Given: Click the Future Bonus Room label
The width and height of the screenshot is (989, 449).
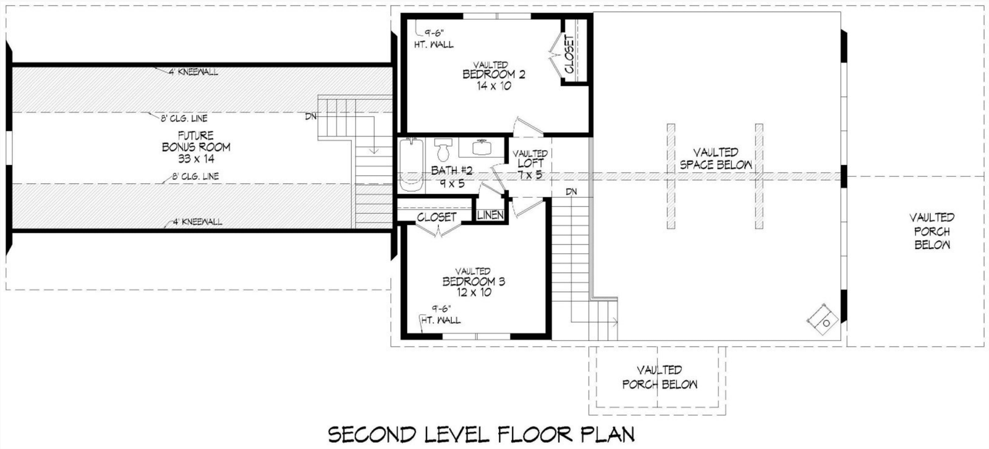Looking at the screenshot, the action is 196,147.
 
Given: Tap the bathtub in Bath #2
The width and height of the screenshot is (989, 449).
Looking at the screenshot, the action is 410,165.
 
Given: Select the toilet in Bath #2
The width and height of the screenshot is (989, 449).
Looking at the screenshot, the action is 443,149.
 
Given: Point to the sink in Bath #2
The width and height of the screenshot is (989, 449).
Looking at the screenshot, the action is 482,148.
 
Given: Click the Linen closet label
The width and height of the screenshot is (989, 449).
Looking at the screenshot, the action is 491,215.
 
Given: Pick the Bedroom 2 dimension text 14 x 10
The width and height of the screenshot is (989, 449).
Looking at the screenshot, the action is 494,86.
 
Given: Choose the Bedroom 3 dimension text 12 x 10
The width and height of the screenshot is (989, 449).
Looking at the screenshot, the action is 473,292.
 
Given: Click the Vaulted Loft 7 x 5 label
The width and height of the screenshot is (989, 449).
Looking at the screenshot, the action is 530,164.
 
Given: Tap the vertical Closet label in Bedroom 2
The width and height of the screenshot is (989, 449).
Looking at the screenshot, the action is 569,54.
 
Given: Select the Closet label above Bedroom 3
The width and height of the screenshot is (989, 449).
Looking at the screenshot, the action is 436,217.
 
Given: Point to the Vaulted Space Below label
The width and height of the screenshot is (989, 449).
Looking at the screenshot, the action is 716,159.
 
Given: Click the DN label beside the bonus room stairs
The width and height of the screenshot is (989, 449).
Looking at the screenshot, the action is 311,117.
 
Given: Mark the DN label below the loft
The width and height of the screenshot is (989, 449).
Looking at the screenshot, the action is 571,192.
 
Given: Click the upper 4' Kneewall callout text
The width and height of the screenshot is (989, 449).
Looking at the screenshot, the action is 193,72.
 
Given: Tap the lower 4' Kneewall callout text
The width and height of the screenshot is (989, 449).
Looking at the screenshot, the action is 197,222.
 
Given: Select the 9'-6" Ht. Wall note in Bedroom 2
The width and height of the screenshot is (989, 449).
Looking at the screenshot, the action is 434,39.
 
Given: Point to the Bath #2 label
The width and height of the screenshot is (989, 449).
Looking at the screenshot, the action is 452,177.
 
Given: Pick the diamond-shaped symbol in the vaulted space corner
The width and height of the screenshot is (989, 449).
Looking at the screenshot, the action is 823,319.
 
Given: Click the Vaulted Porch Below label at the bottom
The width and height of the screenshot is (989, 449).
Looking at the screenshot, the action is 660,377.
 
